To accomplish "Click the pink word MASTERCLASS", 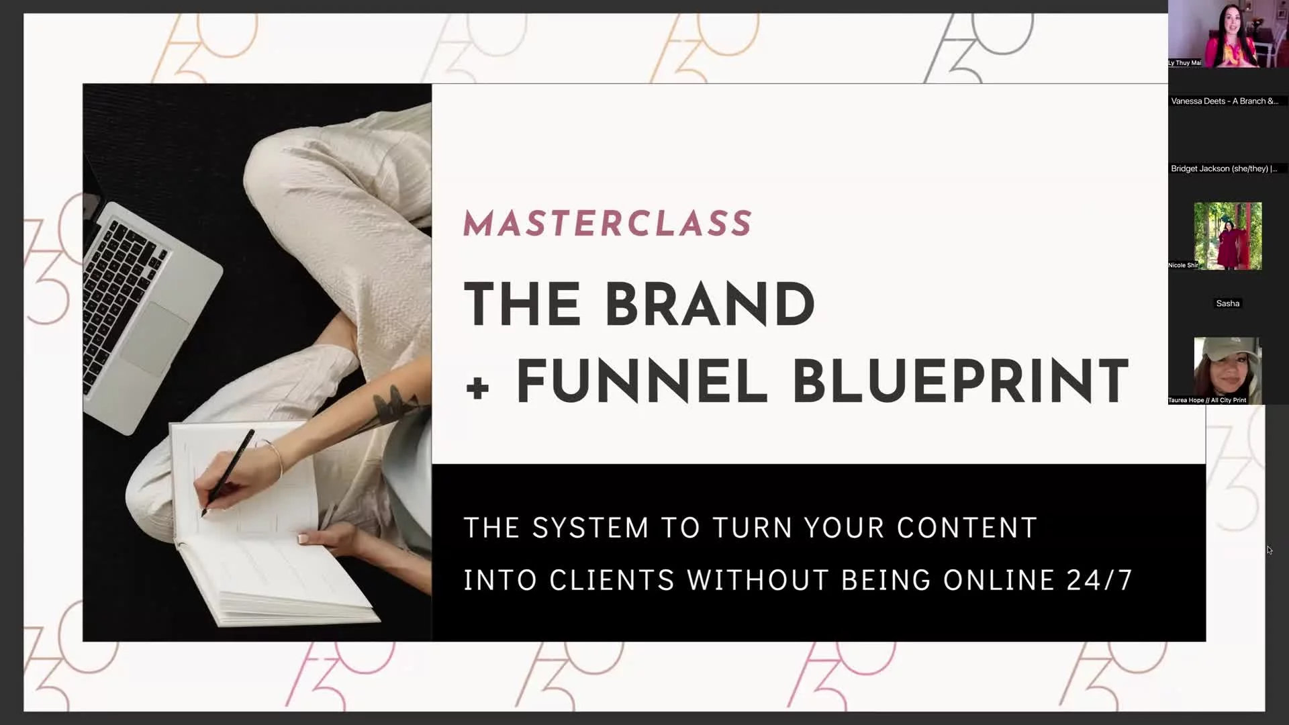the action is point(608,224).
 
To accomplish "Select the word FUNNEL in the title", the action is point(642,381).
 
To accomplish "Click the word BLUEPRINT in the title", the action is point(961,381).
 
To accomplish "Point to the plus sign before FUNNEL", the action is point(477,387).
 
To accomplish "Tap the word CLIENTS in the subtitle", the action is point(612,580).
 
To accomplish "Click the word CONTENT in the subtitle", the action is point(967,528).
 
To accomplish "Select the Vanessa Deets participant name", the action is point(1225,101).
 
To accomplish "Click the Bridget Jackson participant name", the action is point(1224,168).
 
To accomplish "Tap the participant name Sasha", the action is point(1228,303).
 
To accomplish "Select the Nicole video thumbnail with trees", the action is point(1228,236).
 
